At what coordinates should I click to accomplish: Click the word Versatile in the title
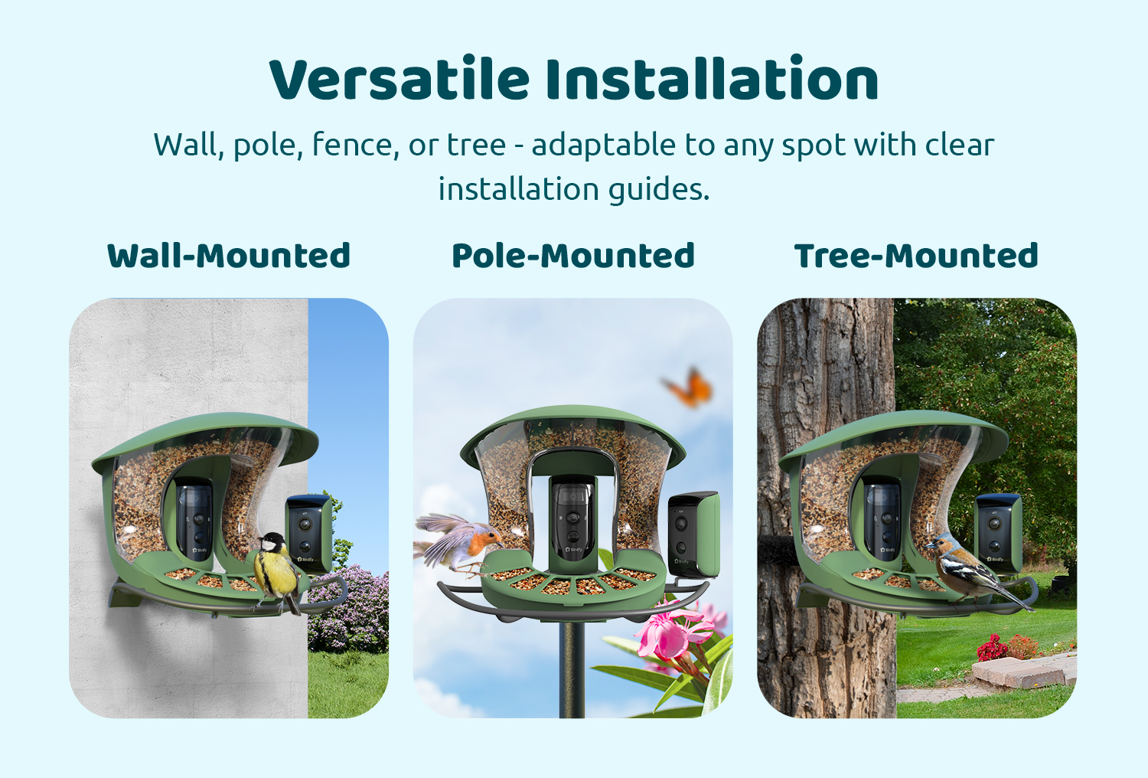[x=400, y=80]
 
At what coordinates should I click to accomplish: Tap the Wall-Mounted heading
[x=229, y=256]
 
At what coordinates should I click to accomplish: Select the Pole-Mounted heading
[x=573, y=256]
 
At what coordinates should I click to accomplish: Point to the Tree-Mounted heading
[x=916, y=256]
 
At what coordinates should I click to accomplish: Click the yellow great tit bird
[x=277, y=572]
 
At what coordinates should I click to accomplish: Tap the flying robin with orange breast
[x=458, y=544]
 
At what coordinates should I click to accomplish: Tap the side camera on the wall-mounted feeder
[x=308, y=534]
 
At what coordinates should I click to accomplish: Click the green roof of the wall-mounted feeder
[x=205, y=436]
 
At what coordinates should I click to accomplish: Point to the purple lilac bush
[x=348, y=608]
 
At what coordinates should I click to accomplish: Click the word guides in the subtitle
[x=659, y=190]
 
